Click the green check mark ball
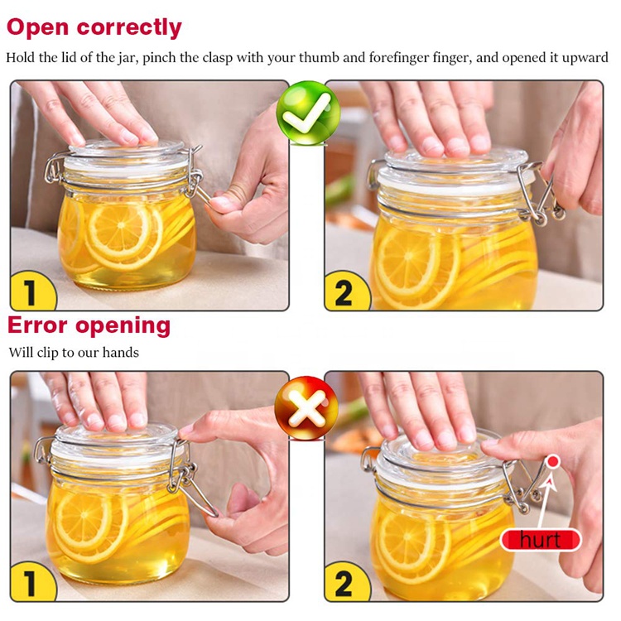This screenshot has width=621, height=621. (x=307, y=113)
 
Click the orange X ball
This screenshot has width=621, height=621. (x=306, y=407)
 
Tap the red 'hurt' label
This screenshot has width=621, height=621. (x=540, y=541)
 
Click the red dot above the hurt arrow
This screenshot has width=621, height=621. (x=552, y=461)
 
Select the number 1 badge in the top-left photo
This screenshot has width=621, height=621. (x=30, y=292)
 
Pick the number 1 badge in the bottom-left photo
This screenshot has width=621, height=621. (x=30, y=583)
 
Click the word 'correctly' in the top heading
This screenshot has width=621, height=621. (x=128, y=26)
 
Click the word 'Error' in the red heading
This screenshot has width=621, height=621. (x=37, y=325)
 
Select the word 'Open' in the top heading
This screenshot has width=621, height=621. (x=37, y=26)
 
